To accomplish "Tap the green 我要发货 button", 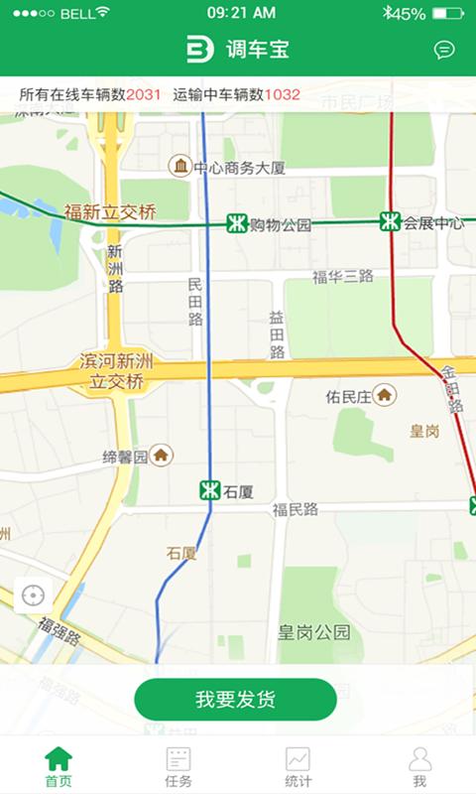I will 236,700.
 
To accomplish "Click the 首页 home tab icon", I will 59,759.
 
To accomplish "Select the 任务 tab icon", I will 178,759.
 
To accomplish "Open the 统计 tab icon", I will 297,759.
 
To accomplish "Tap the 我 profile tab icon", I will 419,759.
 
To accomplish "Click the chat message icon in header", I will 444,50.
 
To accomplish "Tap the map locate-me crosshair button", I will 33,595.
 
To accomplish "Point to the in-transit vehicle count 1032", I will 282,95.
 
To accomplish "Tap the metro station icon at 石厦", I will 208,490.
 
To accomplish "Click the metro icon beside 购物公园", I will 236,224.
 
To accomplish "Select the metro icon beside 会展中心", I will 390,222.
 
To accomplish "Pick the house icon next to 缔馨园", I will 161,456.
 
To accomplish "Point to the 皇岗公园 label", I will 313,632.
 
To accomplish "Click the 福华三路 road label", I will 342,277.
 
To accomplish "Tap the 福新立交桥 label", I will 110,211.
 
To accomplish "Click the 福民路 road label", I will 296,509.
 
